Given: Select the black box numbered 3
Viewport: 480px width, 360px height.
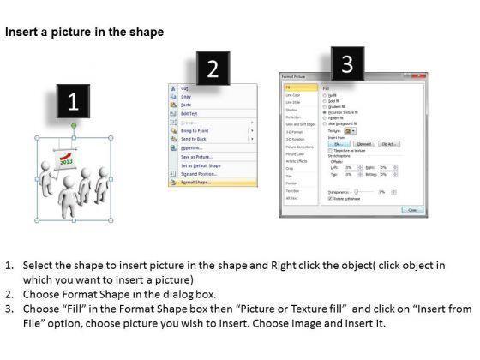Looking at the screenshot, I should tap(345, 64).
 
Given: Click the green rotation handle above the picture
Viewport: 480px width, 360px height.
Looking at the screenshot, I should tap(74, 125).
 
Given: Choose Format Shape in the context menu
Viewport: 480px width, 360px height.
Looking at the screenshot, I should tap(196, 183).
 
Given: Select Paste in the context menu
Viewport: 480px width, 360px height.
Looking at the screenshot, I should tap(185, 105).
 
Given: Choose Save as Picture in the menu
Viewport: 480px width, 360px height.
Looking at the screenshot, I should tap(196, 156).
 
